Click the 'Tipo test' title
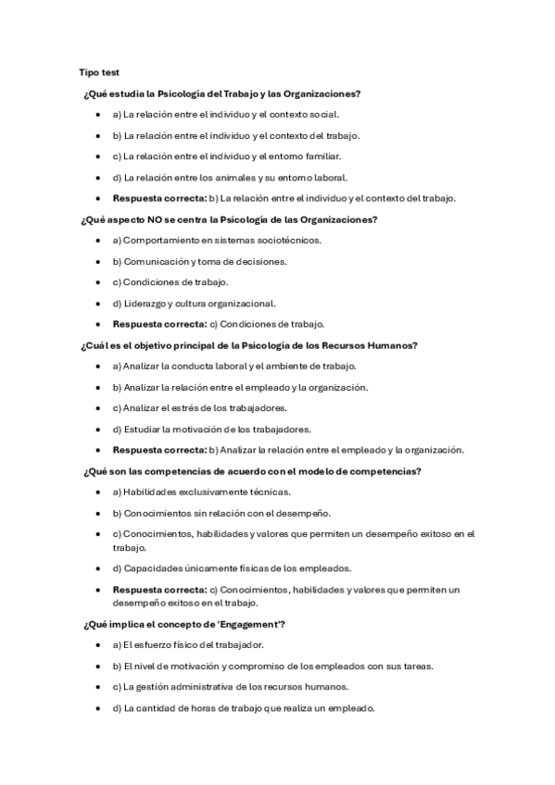click(x=99, y=72)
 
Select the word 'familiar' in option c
click(x=320, y=156)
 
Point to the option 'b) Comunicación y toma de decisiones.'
click(x=199, y=262)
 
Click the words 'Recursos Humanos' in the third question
click(x=372, y=345)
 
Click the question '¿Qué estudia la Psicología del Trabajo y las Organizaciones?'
click(x=221, y=94)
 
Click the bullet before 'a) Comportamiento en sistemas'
click(x=98, y=241)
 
